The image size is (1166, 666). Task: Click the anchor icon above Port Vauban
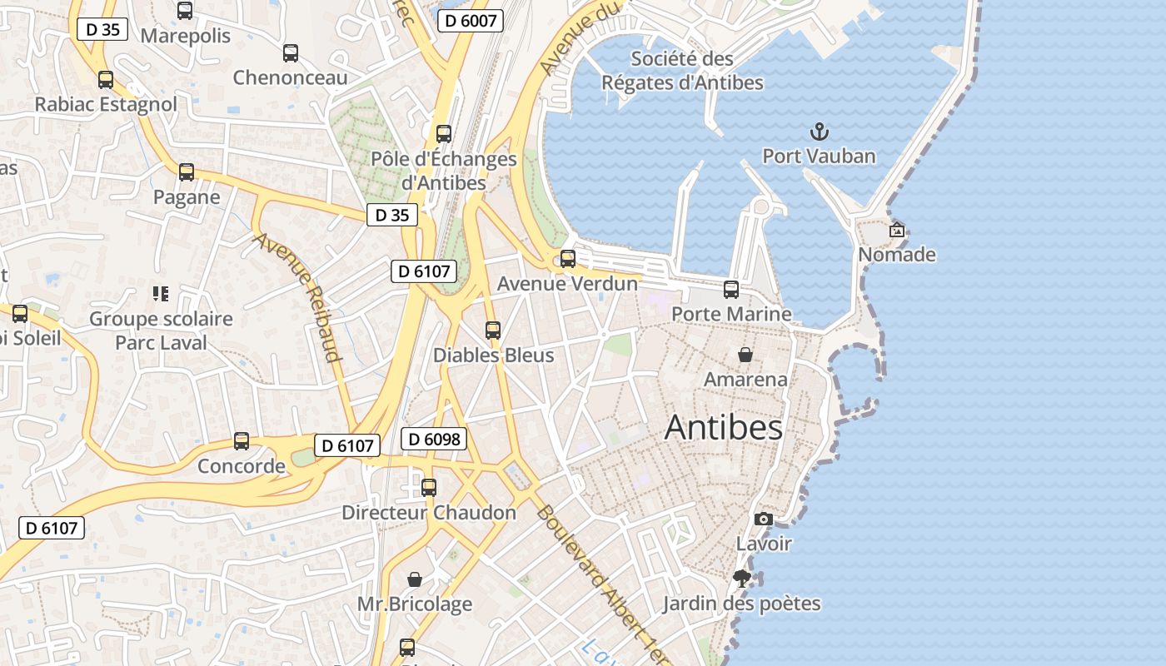coord(820,132)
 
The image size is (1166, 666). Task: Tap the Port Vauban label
coord(820,157)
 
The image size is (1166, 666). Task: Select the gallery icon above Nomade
coord(897,231)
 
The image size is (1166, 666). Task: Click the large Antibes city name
coord(724,428)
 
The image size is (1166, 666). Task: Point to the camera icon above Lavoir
coord(763,519)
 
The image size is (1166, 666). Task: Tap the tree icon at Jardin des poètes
coord(741,579)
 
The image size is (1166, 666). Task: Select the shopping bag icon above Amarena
coord(745,355)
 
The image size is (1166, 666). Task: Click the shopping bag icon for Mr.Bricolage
coord(414,579)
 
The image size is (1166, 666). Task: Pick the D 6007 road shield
coord(471,21)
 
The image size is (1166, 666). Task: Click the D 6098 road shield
coord(433,439)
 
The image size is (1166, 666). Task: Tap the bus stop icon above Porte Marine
coord(731,290)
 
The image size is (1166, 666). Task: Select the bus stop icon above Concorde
coord(242,441)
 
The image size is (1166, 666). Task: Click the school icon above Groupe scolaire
coord(161,294)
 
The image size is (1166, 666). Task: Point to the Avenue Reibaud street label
coord(298,297)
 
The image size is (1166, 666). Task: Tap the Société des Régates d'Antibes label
coord(682,71)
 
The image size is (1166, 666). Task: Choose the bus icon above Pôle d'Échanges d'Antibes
coord(444,134)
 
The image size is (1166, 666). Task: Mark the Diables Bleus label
coord(493,355)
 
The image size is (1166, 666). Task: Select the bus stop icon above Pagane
coord(187,172)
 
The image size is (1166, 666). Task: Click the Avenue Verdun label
coord(567,284)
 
